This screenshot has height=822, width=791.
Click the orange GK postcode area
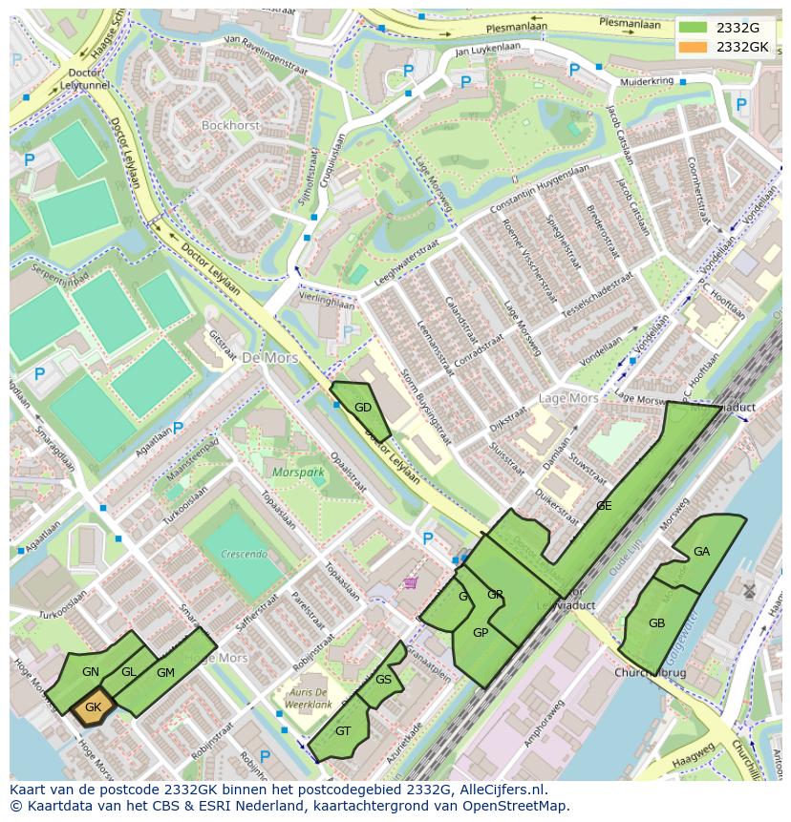(93, 707)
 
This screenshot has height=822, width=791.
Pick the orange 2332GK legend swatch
(693, 47)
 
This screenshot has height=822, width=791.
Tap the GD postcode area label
(363, 408)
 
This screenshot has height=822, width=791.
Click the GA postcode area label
(701, 552)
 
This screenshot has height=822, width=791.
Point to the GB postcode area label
(656, 623)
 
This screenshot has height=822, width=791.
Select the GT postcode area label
(343, 731)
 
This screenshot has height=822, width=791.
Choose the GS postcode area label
(383, 680)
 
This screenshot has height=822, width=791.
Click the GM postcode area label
(165, 673)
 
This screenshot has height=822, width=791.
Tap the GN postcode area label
(91, 672)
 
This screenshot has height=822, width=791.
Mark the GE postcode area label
(603, 506)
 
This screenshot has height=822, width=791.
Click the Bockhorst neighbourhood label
(230, 125)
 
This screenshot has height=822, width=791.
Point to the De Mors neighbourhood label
(269, 358)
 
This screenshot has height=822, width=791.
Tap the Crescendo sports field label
(243, 554)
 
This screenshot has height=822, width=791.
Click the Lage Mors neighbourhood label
(568, 398)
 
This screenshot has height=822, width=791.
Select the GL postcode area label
(129, 672)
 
